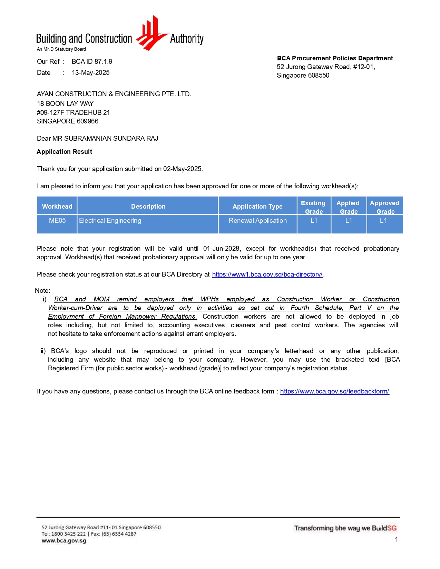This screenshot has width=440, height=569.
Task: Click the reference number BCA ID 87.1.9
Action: click(92, 62)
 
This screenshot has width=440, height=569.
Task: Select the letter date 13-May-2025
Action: click(90, 73)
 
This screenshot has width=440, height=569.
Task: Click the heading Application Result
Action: click(65, 152)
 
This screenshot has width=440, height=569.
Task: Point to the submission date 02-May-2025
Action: click(183, 169)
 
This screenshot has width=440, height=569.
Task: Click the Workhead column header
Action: click(57, 207)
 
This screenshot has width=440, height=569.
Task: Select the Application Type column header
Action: click(257, 207)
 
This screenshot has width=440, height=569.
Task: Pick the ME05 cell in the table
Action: click(57, 221)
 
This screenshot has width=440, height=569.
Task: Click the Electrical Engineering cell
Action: click(110, 221)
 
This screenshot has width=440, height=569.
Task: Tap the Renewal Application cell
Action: click(257, 221)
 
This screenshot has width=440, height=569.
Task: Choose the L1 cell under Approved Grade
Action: click(383, 221)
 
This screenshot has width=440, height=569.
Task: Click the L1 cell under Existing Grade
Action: click(314, 221)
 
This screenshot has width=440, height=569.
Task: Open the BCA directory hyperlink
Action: click(267, 274)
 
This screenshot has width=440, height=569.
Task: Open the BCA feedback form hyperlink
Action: click(334, 391)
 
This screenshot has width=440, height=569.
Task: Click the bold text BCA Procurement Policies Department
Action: click(335, 58)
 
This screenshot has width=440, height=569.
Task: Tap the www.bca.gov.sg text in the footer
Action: click(64, 541)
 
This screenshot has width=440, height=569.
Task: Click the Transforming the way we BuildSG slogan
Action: click(345, 528)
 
